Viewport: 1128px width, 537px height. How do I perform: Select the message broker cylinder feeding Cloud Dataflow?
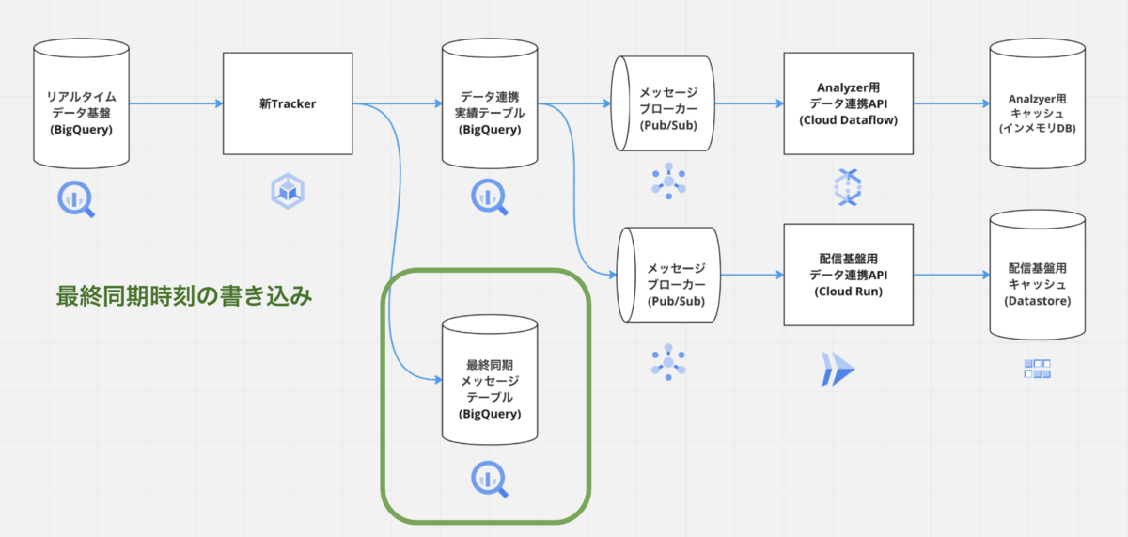[x=662, y=105]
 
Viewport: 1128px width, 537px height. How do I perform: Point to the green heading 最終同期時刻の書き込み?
[x=184, y=296]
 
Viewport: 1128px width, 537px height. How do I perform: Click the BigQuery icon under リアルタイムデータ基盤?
[x=77, y=198]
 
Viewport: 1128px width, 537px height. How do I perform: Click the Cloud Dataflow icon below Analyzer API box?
[x=848, y=187]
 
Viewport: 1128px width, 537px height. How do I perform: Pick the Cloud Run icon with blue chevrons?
[x=838, y=369]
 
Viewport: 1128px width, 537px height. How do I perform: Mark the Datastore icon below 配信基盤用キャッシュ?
[x=1037, y=369]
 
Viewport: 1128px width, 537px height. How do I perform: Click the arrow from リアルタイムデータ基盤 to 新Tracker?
[x=174, y=103]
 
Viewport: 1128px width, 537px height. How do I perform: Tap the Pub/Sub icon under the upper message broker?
[x=668, y=181]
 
